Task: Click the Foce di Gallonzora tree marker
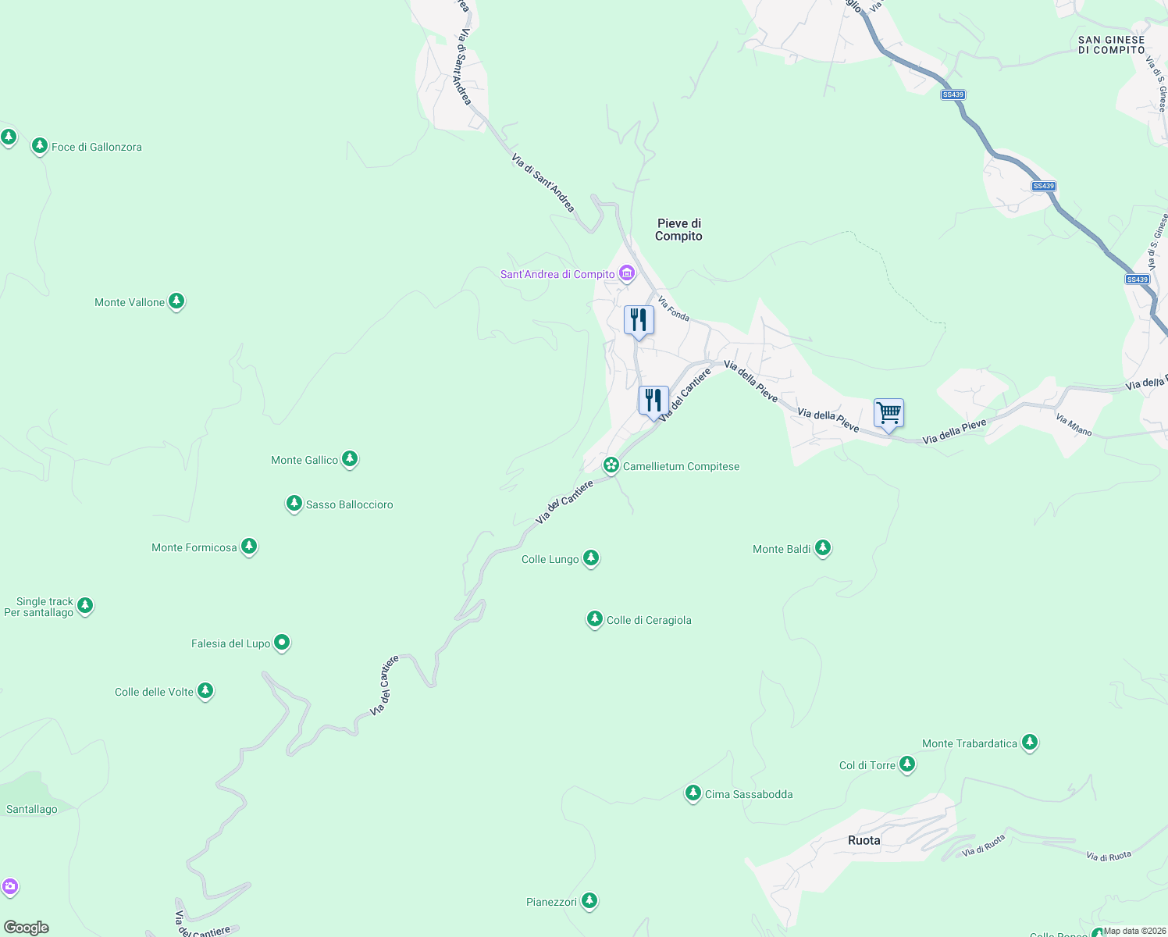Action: (39, 146)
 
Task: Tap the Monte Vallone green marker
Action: (176, 301)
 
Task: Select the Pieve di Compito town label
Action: (678, 230)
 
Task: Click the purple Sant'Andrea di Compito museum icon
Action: (626, 273)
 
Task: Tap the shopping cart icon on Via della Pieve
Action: (888, 413)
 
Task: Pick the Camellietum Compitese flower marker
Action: (611, 465)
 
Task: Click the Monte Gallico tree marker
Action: (350, 459)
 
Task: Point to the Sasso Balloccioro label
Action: (349, 504)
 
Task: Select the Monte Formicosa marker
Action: (249, 547)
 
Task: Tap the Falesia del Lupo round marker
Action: (282, 643)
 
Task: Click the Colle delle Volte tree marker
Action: (205, 691)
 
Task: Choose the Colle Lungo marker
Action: (591, 558)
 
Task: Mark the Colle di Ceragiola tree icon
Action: (595, 619)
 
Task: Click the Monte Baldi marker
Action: (822, 548)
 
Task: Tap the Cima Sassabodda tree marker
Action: (693, 793)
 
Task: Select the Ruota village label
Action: (864, 840)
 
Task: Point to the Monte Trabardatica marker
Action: (1030, 743)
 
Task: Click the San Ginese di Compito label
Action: (1111, 45)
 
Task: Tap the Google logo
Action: (27, 928)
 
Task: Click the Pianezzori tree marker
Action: (589, 901)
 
